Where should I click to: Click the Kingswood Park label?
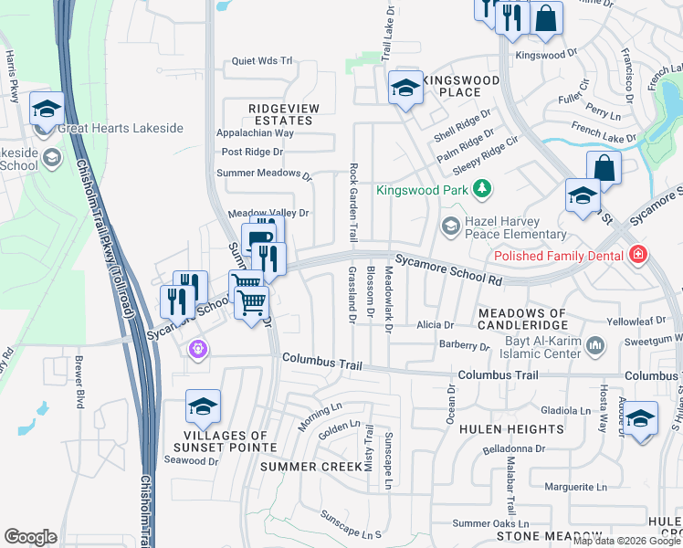[422, 190]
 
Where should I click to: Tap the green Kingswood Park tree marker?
[481, 189]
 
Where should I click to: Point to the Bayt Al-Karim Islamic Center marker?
[596, 345]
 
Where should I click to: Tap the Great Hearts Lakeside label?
[121, 129]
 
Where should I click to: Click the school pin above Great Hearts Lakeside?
[47, 111]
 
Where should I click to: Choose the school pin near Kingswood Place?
[405, 89]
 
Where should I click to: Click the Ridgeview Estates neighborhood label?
[284, 114]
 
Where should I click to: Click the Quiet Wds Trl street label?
[262, 62]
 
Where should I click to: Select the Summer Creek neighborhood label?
[305, 467]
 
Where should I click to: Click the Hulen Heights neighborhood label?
[510, 429]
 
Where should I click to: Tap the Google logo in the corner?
[30, 537]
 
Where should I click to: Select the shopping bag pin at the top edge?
[545, 18]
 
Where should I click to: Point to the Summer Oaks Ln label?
[490, 523]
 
